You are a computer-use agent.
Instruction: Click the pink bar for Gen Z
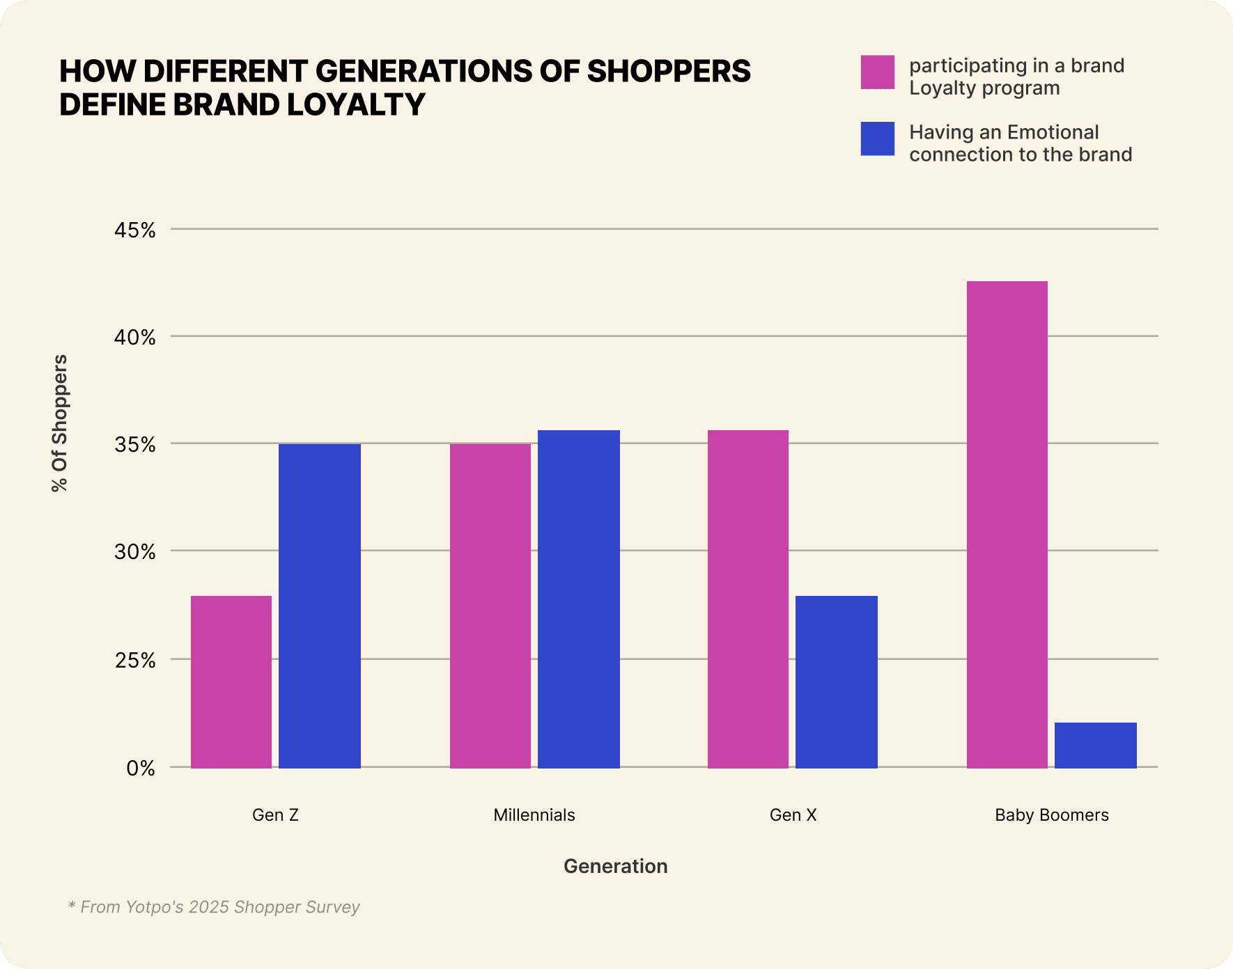coord(231,682)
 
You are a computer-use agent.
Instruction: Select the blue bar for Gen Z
coord(320,606)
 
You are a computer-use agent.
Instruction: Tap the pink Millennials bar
coord(490,606)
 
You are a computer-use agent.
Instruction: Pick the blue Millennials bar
coord(579,599)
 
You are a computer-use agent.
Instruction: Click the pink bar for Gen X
coord(748,599)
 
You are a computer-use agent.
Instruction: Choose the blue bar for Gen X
coord(837,682)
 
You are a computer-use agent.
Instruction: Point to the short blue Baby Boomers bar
coord(1096,745)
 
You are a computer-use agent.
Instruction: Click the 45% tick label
coord(135,230)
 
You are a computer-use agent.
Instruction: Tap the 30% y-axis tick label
coord(135,552)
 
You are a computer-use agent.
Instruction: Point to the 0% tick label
coord(141,769)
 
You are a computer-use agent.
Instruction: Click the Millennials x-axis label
coord(534,815)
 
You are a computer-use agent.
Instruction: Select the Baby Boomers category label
coord(1052,815)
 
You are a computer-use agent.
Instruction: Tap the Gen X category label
coord(793,815)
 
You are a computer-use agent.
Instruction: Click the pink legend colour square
coord(878,72)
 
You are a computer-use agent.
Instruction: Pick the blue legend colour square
coord(878,139)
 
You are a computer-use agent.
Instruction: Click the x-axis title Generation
coord(616,866)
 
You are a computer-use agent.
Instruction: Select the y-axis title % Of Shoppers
coord(60,423)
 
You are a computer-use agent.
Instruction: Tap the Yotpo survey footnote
coord(214,907)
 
